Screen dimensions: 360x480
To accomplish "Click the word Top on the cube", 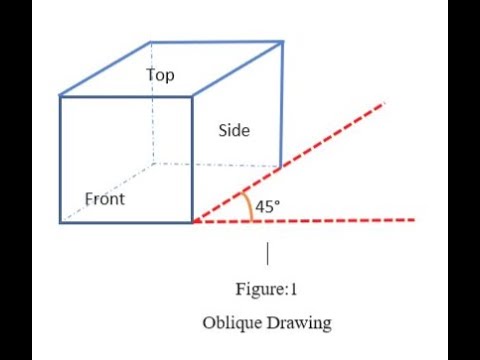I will point(160,75).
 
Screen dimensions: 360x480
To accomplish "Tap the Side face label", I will point(234,131).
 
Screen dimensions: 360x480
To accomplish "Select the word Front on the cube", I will point(105,199).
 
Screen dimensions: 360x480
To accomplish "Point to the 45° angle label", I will point(268,206).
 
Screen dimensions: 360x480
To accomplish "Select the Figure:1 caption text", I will point(265,290).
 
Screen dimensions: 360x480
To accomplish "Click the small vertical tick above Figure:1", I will point(266,252).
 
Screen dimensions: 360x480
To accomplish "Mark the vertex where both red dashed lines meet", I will point(193,221).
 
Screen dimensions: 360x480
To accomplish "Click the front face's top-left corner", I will point(60,96).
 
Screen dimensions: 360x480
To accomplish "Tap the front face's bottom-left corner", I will point(60,221).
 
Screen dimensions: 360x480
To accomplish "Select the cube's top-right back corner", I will point(283,42).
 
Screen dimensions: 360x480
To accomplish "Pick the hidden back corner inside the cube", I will point(152,165).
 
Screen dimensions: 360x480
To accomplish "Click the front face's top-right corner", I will point(193,96).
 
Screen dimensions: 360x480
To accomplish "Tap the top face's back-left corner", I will point(151,42).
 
